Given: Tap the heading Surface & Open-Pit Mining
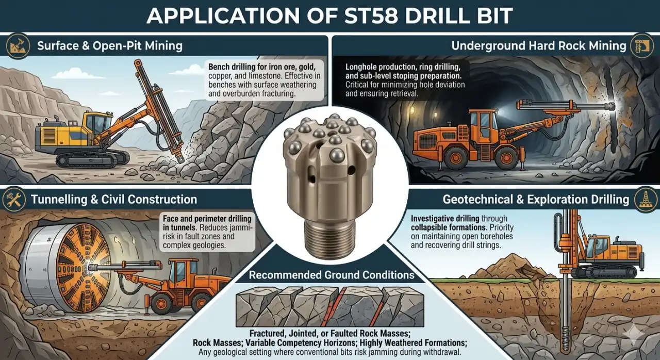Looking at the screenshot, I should click(x=110, y=46).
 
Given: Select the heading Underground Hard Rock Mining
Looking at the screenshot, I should click(x=539, y=46).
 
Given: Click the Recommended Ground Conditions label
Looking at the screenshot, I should click(x=332, y=275).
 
